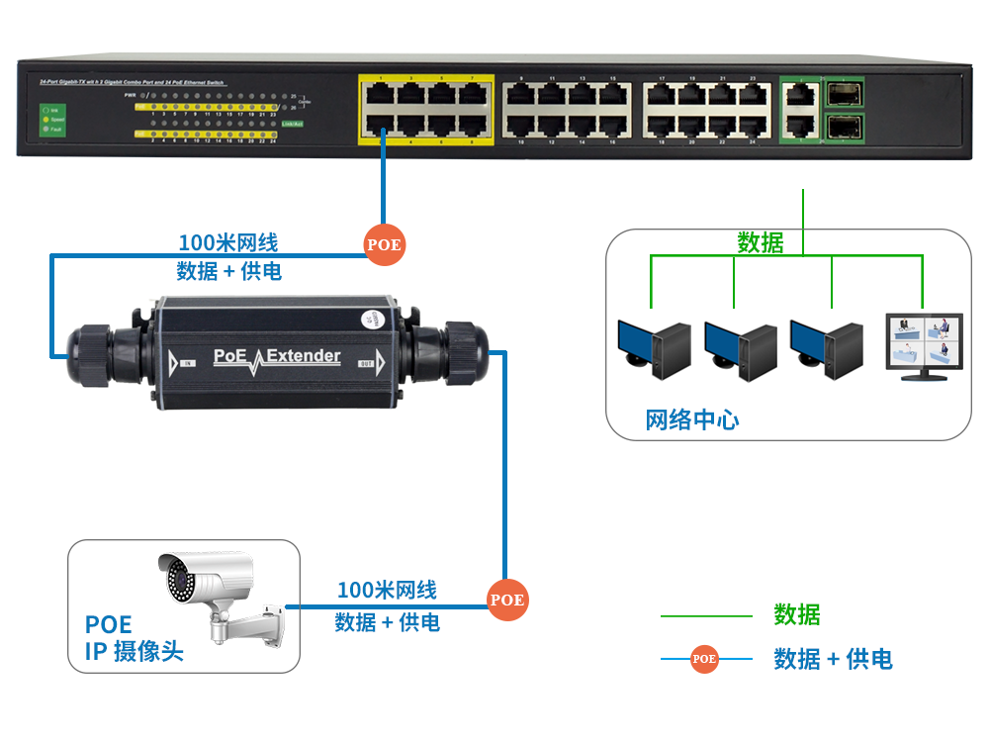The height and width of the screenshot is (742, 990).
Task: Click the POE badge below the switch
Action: pos(385,244)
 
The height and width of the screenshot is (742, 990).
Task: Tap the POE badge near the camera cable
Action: pos(507,600)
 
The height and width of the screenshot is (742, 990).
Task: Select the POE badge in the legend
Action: pos(704,658)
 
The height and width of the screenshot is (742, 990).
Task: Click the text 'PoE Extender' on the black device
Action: pos(277,356)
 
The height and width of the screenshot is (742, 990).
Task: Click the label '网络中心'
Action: pos(692,419)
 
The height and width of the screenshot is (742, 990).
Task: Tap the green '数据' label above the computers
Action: pos(761,242)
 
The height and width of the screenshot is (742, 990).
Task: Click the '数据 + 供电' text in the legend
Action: pos(833,659)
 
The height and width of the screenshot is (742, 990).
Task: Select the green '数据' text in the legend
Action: pos(797,615)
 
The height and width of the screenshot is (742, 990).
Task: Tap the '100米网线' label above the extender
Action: pos(227,242)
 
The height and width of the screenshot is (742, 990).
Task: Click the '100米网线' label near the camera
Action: pos(387,591)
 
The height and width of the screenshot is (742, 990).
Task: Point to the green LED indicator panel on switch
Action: pos(46,118)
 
